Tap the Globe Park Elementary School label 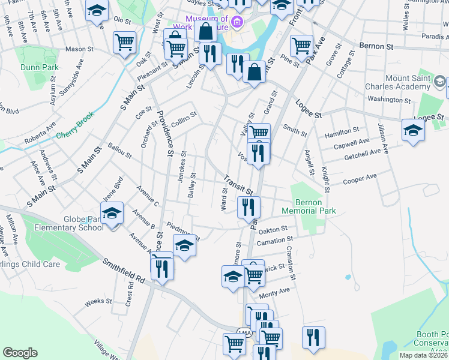point(68,223)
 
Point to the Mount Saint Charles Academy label point(415,82)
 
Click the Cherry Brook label point(76,134)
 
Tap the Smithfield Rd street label point(124,271)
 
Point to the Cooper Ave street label point(360,178)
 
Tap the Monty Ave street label point(274,293)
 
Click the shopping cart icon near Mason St point(124,42)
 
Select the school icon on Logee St point(414,130)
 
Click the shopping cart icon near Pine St point(301,46)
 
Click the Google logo point(20,353)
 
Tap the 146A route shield point(244,332)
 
